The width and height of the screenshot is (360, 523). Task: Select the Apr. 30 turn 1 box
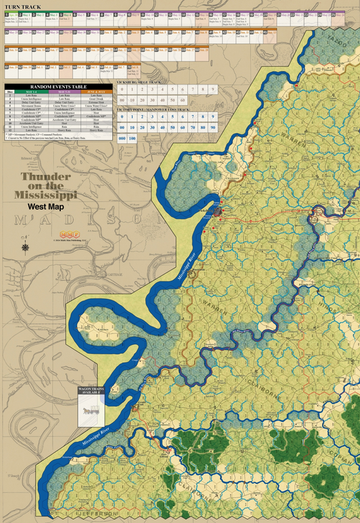[11, 13]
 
